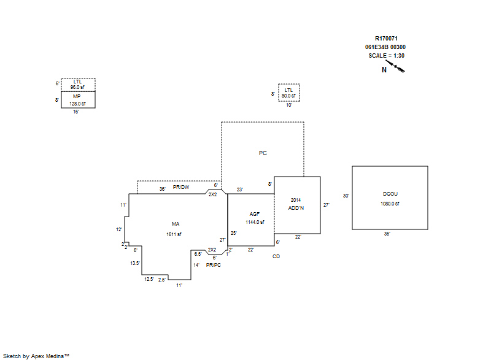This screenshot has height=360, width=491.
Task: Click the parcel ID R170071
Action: (x=386, y=39)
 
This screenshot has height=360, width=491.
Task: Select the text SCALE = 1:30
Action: (x=387, y=56)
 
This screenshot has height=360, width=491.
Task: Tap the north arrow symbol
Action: (x=395, y=66)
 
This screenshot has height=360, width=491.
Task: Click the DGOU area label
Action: (x=390, y=194)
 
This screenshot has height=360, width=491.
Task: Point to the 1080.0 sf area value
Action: (x=390, y=204)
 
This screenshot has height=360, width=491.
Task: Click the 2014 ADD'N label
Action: (x=296, y=204)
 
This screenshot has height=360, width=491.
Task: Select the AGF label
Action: (x=255, y=214)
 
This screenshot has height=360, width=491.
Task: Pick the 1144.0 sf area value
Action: (x=255, y=222)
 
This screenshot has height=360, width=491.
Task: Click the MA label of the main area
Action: (x=176, y=224)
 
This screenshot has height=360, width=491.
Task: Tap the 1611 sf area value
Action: (x=174, y=234)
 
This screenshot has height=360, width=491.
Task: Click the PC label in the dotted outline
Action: (x=263, y=153)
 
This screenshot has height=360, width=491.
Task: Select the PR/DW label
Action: (x=181, y=187)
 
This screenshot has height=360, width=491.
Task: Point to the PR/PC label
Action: (x=214, y=265)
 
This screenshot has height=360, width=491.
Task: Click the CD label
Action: (x=276, y=256)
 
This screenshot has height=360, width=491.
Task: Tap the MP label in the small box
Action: (x=77, y=96)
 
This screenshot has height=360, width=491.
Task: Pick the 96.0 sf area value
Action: (x=77, y=87)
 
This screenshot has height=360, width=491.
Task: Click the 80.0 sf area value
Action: (x=288, y=96)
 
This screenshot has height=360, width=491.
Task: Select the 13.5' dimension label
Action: (x=135, y=263)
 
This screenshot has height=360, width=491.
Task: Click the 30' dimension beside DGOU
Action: (x=346, y=196)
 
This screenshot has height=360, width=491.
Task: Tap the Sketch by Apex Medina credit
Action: (x=36, y=356)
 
